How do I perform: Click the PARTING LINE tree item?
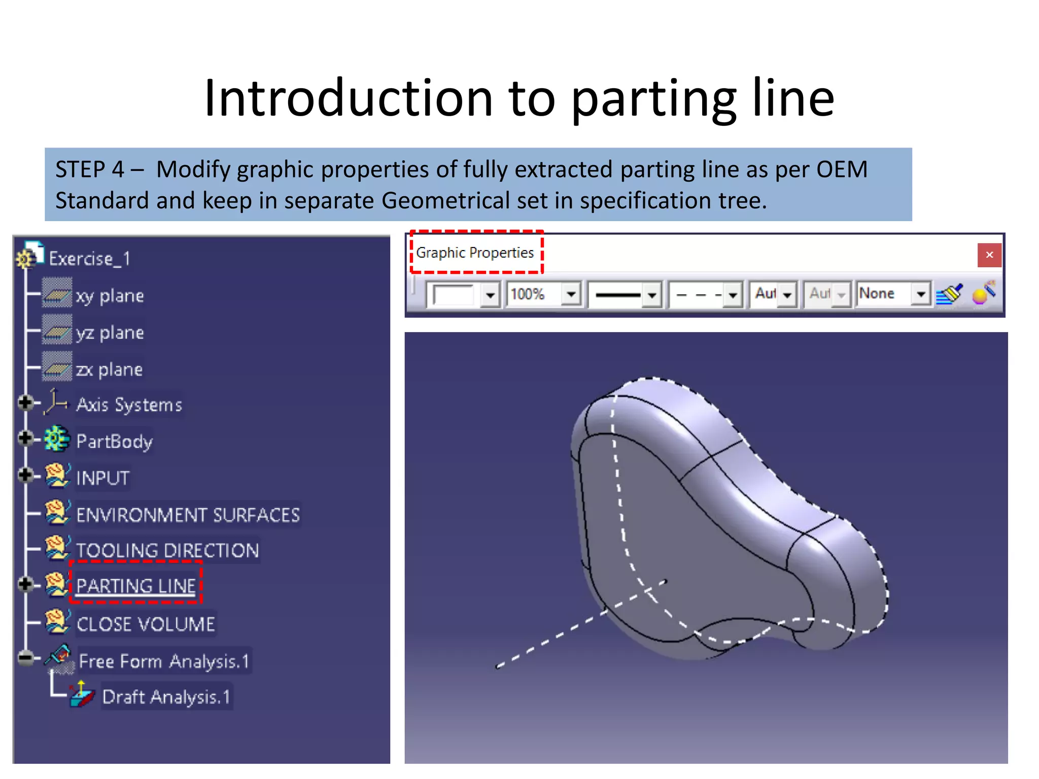135,586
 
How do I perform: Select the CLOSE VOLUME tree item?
146,624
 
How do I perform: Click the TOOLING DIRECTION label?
167,550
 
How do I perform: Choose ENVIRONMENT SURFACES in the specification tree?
188,515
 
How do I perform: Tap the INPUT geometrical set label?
103,478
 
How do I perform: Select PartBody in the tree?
114,441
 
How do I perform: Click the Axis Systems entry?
129,405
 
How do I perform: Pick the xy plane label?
110,296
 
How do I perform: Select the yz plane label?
110,333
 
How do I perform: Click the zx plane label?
109,369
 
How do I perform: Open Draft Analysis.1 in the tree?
166,697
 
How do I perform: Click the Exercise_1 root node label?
89,259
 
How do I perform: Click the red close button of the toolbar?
989,255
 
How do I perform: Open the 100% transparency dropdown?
571,294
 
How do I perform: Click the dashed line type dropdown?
733,294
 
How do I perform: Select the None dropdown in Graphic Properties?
920,294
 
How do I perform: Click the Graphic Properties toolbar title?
475,253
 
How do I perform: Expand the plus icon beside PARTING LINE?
25,584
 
